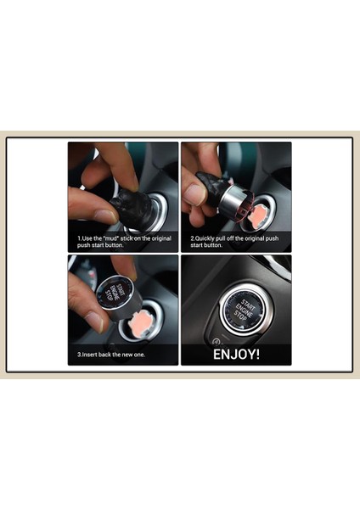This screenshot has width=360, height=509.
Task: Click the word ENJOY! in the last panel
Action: click(x=236, y=353)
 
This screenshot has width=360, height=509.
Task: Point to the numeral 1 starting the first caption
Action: click(x=78, y=238)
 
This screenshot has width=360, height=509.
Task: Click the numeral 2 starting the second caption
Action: click(x=192, y=238)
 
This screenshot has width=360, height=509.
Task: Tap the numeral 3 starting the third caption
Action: click(x=78, y=354)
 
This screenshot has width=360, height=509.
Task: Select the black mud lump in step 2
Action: click(x=208, y=185)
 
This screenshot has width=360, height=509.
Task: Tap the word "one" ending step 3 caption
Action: click(x=138, y=354)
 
